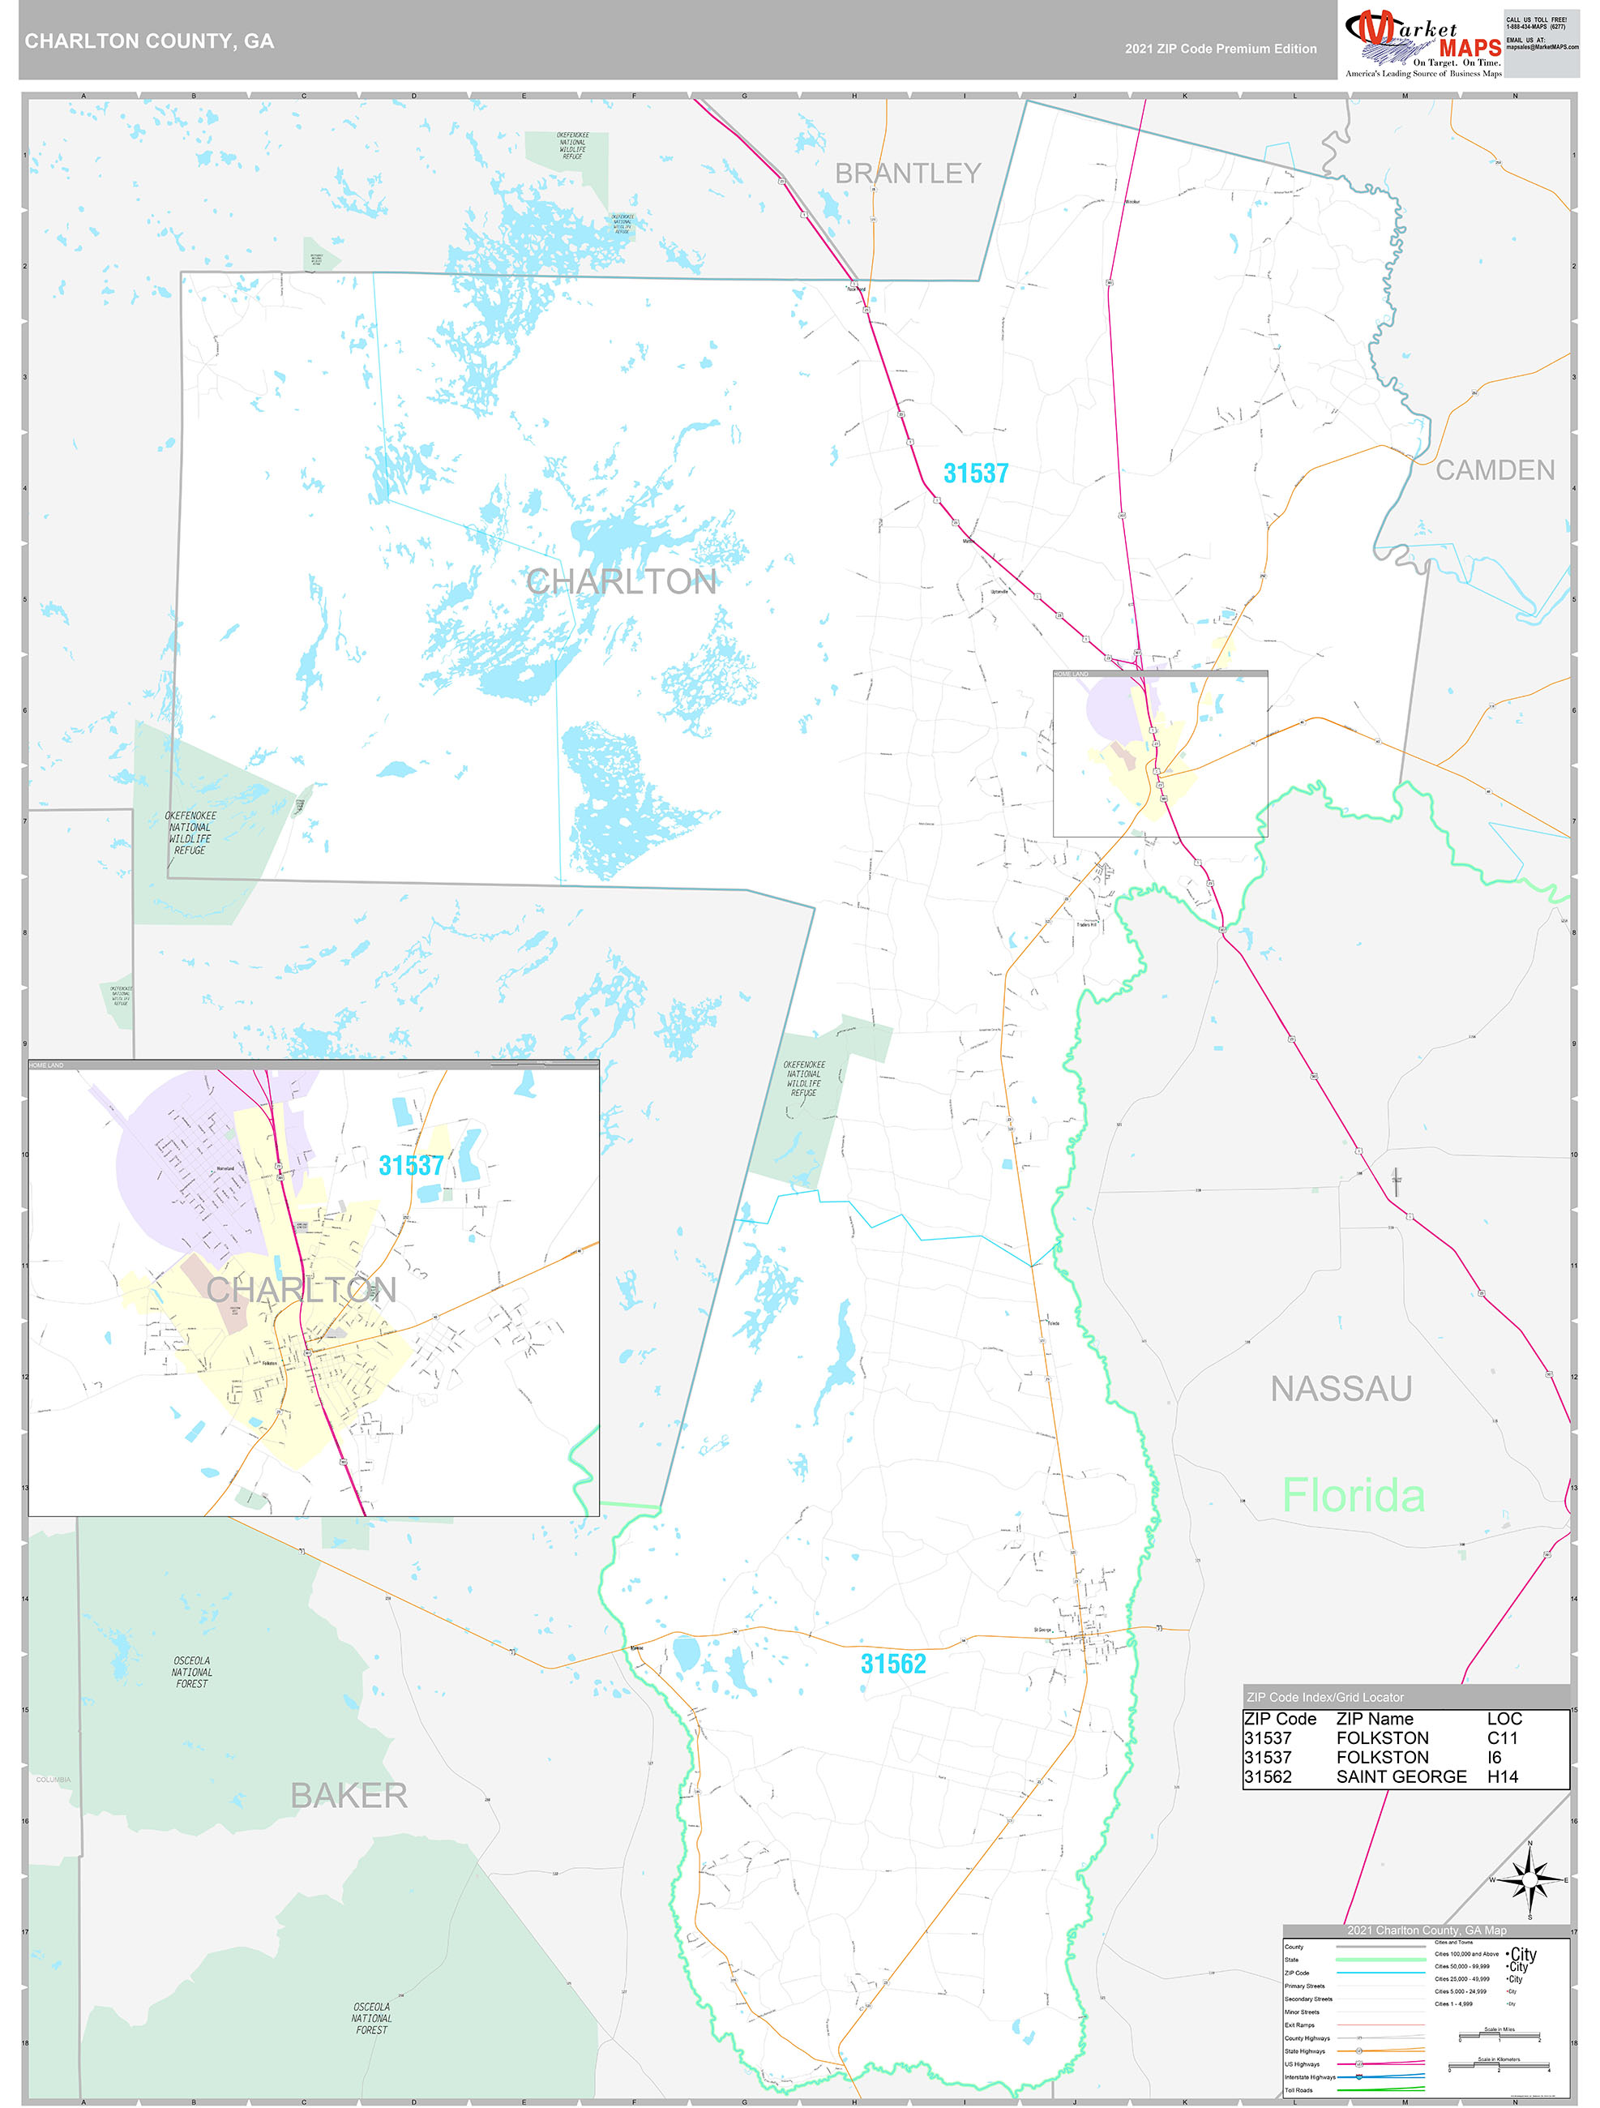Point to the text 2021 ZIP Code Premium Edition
point(1220,49)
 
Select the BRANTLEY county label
point(907,174)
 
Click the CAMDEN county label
point(1494,469)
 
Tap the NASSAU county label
point(1341,1390)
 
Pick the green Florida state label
point(1352,1496)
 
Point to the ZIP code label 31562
point(893,1664)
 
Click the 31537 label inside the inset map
point(411,1166)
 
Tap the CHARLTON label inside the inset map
point(302,1291)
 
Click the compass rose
point(1529,1880)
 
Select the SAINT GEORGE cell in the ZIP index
point(1401,1776)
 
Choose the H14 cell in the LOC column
point(1502,1776)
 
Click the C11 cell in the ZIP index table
point(1502,1738)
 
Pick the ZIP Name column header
point(1374,1718)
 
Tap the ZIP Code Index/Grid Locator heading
point(1324,1697)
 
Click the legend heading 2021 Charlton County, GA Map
point(1427,1930)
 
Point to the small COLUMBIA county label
point(53,1779)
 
